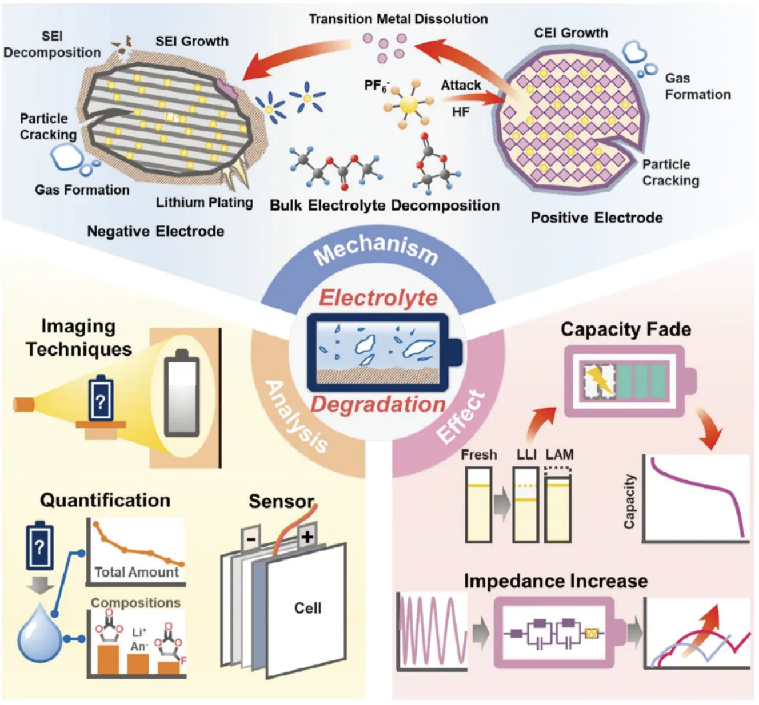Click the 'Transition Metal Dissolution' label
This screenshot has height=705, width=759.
point(398,19)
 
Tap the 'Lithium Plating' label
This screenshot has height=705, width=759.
point(205,202)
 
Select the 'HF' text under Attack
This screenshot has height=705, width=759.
point(461,112)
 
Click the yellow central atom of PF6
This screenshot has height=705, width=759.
point(409,104)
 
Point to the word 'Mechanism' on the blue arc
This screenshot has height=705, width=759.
point(377,249)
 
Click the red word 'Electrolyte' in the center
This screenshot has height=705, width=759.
point(378,298)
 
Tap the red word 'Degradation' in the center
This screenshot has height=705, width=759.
point(378,404)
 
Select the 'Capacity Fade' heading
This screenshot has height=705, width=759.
point(626,329)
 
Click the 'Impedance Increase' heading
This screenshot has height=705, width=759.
point(556,581)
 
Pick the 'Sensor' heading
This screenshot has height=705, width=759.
point(281,501)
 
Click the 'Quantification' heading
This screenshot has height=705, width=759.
point(105,500)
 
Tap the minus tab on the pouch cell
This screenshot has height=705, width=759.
point(251,539)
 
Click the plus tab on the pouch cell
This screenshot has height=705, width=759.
point(307,537)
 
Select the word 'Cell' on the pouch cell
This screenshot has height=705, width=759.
point(307,607)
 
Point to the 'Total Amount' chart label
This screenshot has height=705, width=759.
point(137,572)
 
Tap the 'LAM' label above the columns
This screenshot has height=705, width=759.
point(560,454)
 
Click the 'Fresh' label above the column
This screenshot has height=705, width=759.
point(479,454)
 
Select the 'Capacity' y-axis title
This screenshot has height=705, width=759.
point(629,501)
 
